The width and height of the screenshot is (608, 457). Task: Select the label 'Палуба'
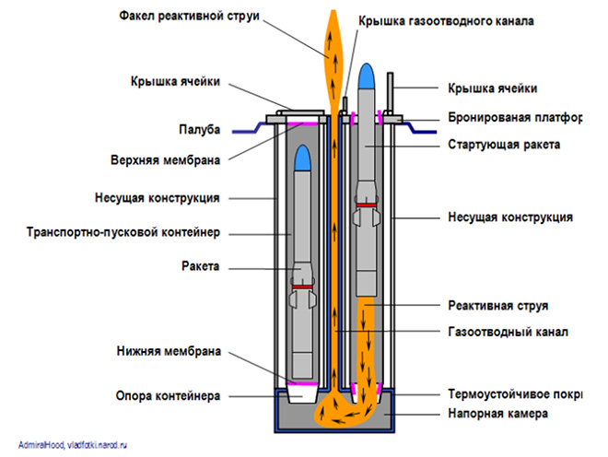coord(200,130)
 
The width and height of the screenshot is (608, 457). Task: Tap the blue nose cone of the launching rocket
coord(366,76)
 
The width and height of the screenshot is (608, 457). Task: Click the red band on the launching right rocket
coord(366,206)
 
